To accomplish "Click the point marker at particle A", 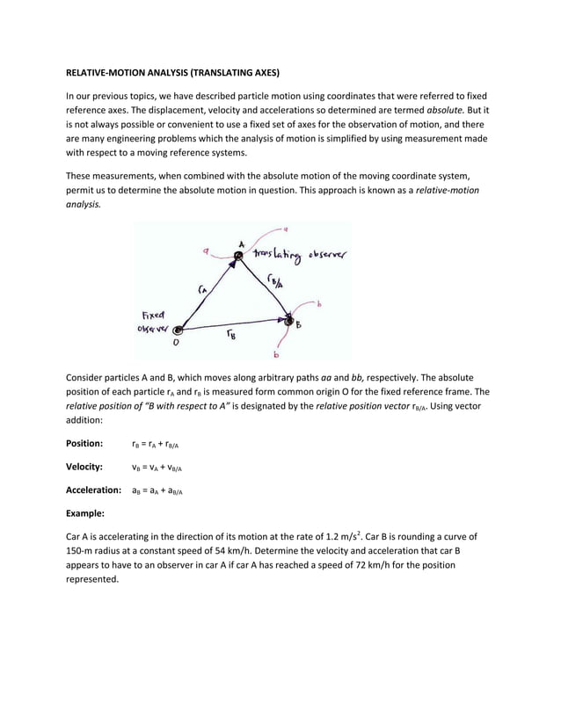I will coord(236,257).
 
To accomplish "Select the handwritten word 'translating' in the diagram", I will coord(277,255).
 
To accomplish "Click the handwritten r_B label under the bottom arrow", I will coord(230,335).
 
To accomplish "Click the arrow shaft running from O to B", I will coord(233,328).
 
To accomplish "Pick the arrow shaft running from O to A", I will coord(208,294).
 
